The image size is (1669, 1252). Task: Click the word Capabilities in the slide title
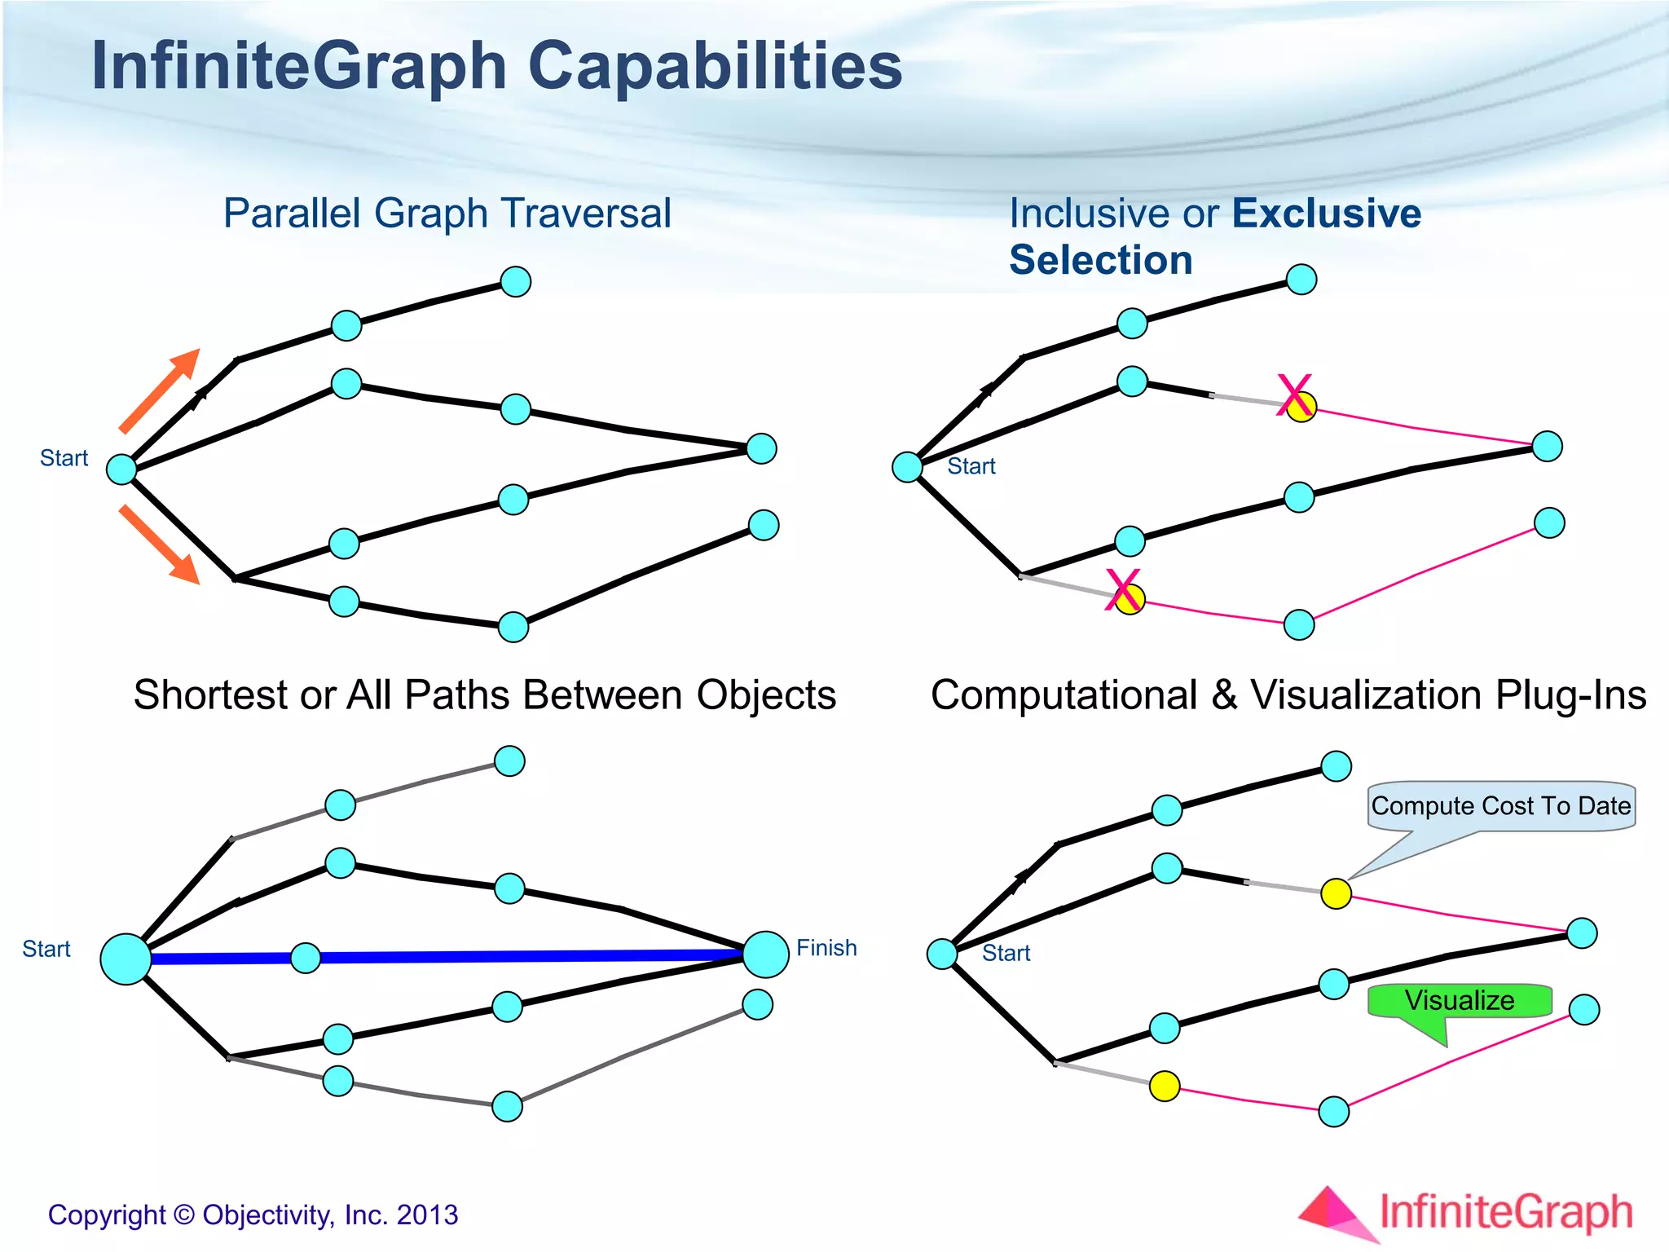(715, 67)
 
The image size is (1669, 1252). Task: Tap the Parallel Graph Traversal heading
(447, 214)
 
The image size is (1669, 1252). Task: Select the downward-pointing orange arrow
(161, 544)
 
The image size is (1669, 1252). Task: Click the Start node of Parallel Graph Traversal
(121, 469)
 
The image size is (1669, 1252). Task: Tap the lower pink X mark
(1124, 590)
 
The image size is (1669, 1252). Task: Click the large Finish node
(765, 954)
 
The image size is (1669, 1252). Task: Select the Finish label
(826, 948)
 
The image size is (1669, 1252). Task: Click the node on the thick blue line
(306, 958)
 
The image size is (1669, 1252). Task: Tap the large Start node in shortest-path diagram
(126, 959)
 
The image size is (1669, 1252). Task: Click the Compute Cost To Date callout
(1500, 806)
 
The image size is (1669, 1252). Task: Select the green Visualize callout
(1459, 1001)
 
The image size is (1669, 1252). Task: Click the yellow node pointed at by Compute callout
(1336, 894)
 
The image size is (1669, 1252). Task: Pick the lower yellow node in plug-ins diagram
(1165, 1086)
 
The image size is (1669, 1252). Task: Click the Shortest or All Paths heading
(484, 695)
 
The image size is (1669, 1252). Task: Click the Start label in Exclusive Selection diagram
(971, 466)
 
